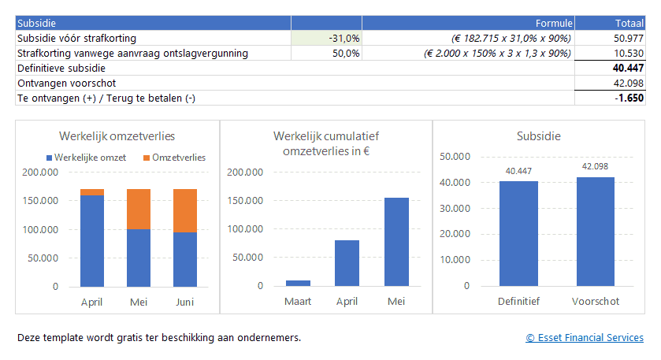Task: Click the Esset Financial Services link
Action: tap(585, 338)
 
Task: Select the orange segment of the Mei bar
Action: tap(139, 209)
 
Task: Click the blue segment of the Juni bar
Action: tap(185, 259)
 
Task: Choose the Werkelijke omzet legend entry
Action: tap(86, 158)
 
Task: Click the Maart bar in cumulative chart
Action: tap(298, 283)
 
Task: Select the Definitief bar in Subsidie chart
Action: tap(518, 234)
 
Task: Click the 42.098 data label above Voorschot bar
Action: tap(595, 166)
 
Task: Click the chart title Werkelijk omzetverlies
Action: tap(117, 136)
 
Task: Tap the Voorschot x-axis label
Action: tap(596, 302)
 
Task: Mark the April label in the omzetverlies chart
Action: tap(92, 302)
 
